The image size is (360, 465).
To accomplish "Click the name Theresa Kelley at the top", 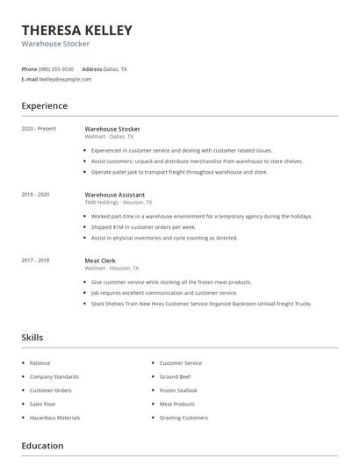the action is pos(76,31).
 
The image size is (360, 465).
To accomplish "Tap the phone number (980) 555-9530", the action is pos(56,68).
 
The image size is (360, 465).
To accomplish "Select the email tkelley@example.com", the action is pos(64,79).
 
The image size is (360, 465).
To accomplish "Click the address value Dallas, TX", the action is pos(115,68).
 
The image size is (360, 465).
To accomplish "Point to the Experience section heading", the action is pos(44,106).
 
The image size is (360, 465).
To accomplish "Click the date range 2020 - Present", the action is pos(39,129).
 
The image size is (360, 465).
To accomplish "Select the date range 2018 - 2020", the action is pos(35,195).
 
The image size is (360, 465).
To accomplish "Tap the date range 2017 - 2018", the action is pos(35,261).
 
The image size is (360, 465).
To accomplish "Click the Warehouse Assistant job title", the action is pos(114,195).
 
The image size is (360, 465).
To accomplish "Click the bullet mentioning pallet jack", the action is pos(179,172).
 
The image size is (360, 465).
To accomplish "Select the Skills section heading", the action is pos(32,337).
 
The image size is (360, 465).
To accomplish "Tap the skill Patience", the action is pos(40,363).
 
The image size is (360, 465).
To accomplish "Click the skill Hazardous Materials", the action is pos(54,418).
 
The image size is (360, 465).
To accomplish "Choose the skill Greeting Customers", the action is pos(184,418).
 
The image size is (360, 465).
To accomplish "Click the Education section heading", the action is pos(42,446).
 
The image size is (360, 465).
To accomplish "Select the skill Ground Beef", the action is pos(176,376).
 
